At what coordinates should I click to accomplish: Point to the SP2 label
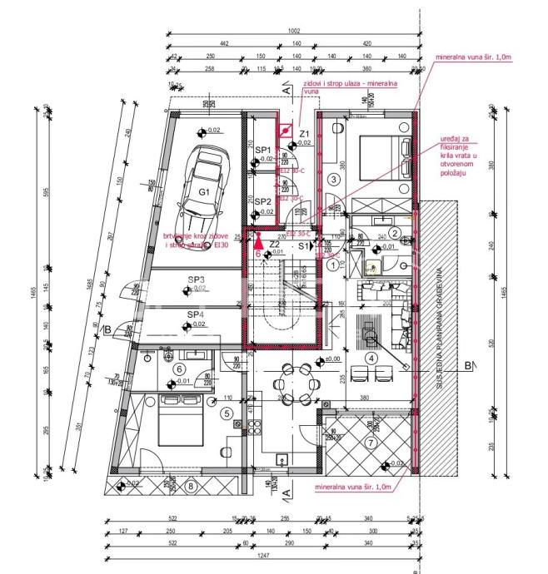click(x=263, y=202)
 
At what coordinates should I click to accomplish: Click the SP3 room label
click(x=196, y=280)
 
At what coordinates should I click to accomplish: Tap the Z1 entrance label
click(x=305, y=134)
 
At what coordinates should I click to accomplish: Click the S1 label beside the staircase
click(x=305, y=247)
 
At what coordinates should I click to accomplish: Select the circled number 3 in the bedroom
click(x=333, y=179)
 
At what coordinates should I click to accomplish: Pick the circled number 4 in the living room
click(x=372, y=359)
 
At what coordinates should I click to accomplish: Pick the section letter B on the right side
click(x=468, y=365)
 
